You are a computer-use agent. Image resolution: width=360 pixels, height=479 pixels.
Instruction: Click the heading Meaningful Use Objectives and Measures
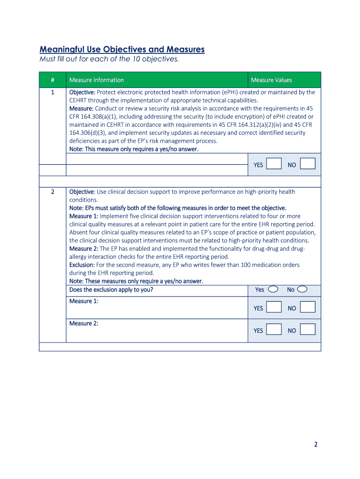122,49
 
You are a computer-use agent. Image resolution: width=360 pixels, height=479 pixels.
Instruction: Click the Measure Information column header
96,80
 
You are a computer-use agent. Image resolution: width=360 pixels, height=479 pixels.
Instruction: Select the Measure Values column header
271,80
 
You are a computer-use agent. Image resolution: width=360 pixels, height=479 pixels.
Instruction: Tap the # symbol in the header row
52,80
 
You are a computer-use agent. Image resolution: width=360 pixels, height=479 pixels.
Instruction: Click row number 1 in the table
52,92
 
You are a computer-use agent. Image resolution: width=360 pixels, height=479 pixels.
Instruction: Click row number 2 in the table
52,192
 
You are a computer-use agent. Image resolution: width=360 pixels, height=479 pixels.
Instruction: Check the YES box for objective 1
274,164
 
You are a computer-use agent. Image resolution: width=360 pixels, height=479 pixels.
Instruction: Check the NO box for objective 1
308,164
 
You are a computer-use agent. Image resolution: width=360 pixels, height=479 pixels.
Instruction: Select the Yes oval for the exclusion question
273,289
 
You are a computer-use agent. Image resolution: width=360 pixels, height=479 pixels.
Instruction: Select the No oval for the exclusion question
302,289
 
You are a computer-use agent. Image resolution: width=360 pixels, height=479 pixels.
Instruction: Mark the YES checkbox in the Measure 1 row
274,307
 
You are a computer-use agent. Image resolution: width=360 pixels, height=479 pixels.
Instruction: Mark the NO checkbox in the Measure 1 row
308,307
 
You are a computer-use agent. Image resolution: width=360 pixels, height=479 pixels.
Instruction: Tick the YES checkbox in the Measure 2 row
274,330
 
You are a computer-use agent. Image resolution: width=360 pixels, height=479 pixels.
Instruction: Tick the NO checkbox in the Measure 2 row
308,330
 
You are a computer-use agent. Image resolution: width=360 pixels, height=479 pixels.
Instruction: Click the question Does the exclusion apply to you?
111,290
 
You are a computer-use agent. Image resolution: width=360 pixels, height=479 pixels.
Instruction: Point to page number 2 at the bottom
316,445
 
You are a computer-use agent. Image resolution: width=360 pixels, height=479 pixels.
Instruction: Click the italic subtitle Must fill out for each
109,59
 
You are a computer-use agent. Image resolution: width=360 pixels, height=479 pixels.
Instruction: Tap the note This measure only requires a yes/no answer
134,149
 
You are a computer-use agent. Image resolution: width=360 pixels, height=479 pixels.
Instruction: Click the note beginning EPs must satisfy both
178,208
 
